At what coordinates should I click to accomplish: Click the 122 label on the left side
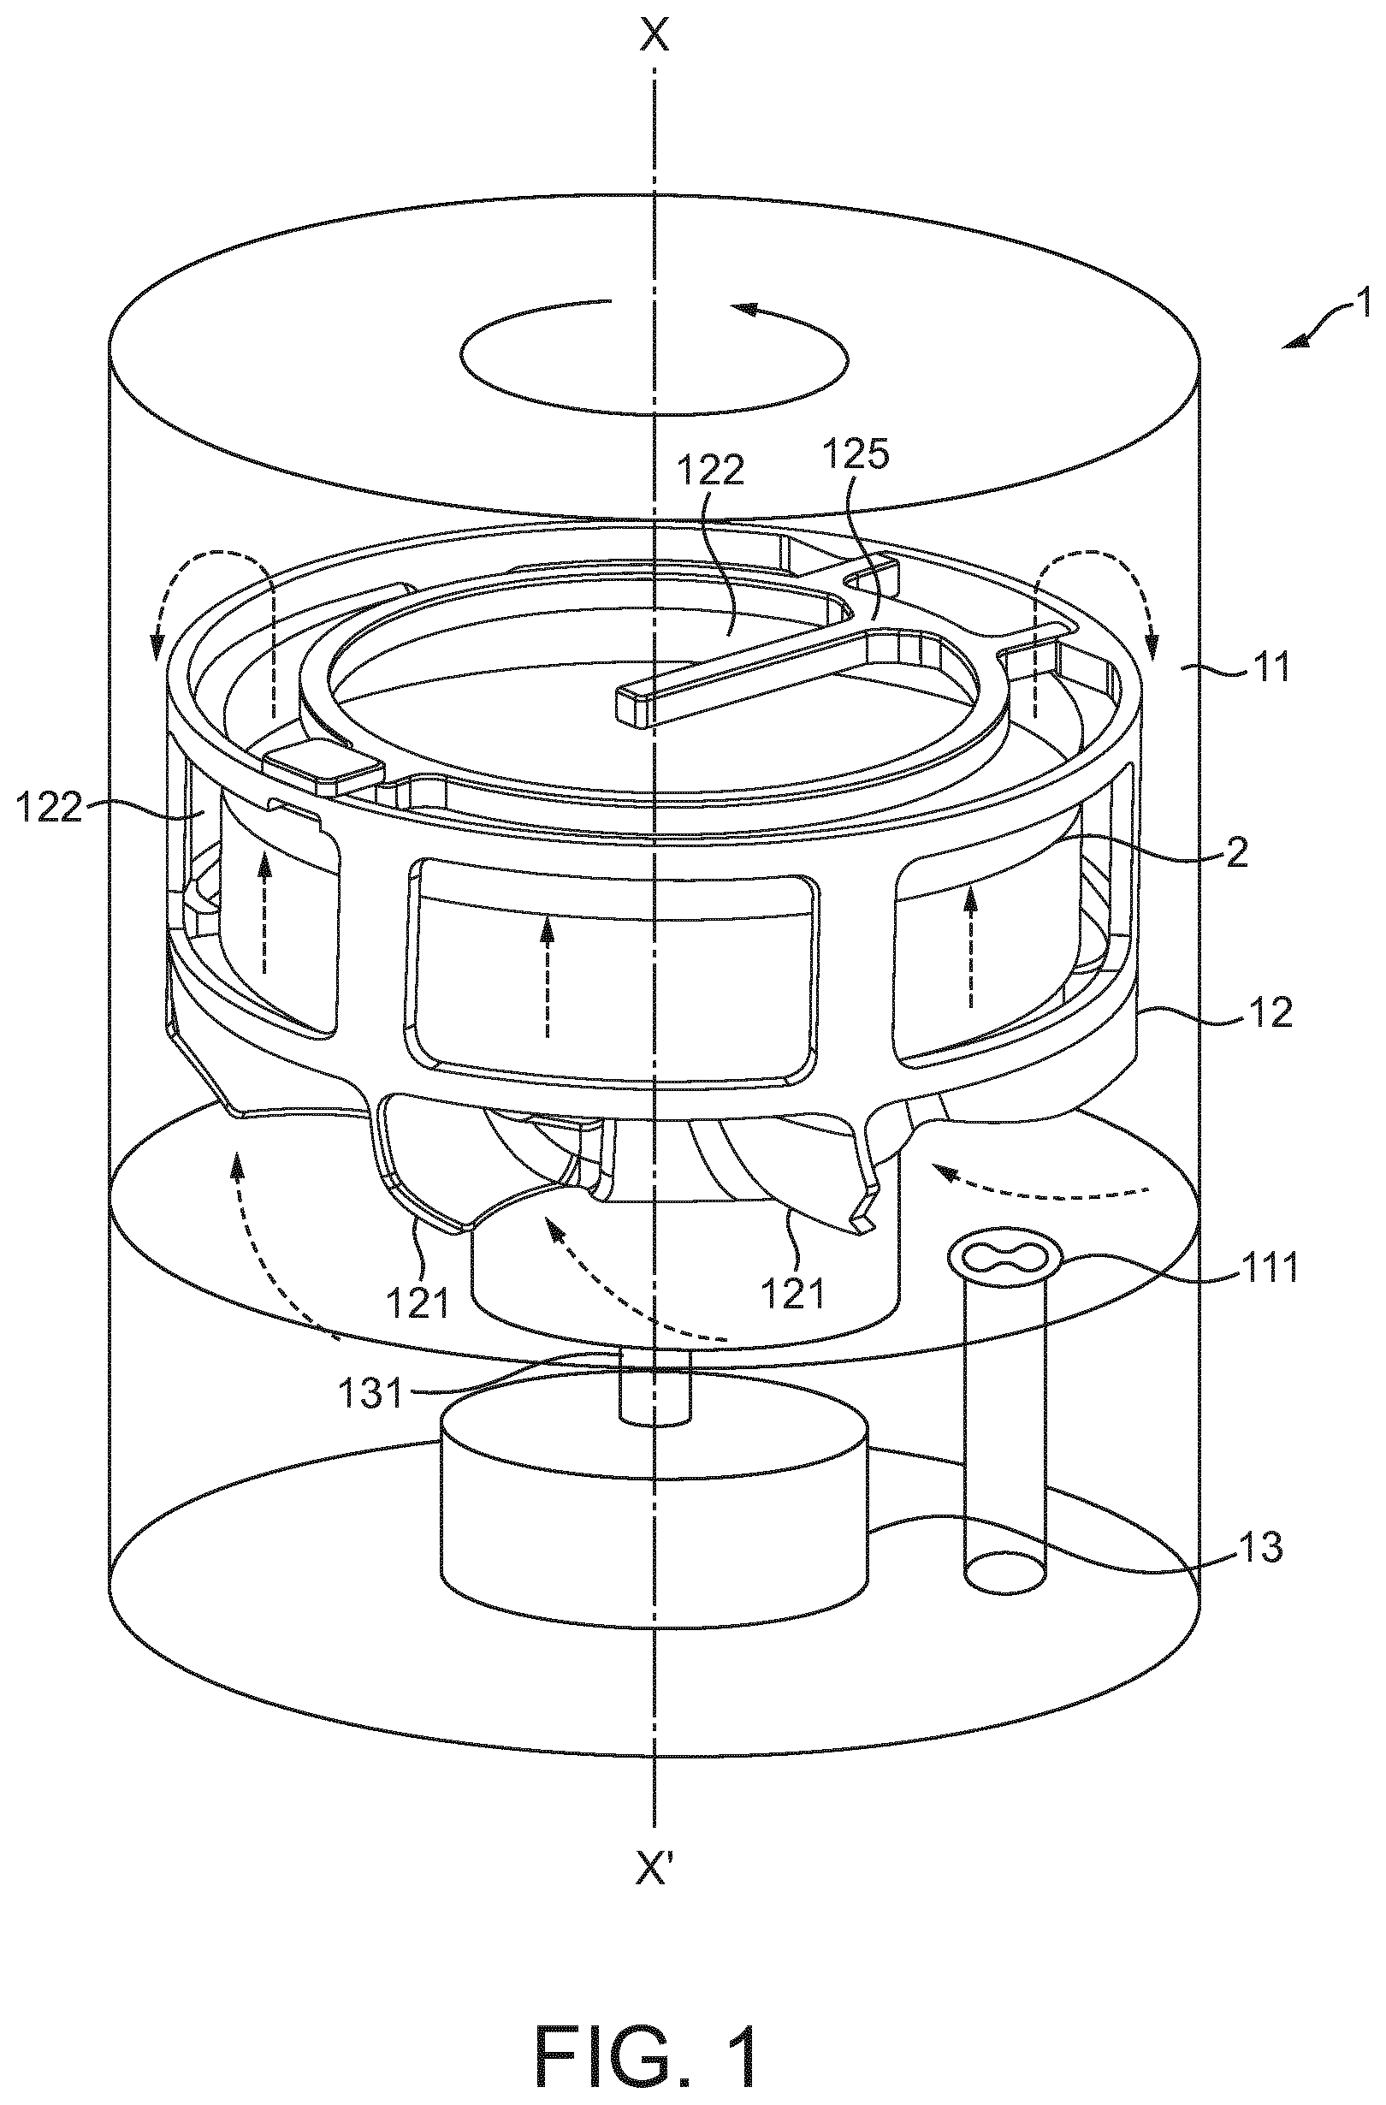click(x=48, y=808)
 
